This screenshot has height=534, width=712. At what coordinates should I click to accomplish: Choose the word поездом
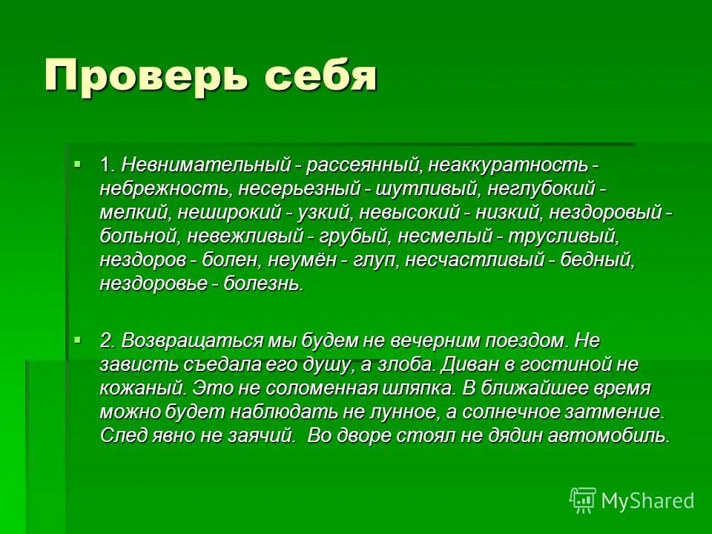click(x=527, y=340)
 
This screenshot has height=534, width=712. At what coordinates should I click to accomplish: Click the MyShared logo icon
click(x=583, y=501)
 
